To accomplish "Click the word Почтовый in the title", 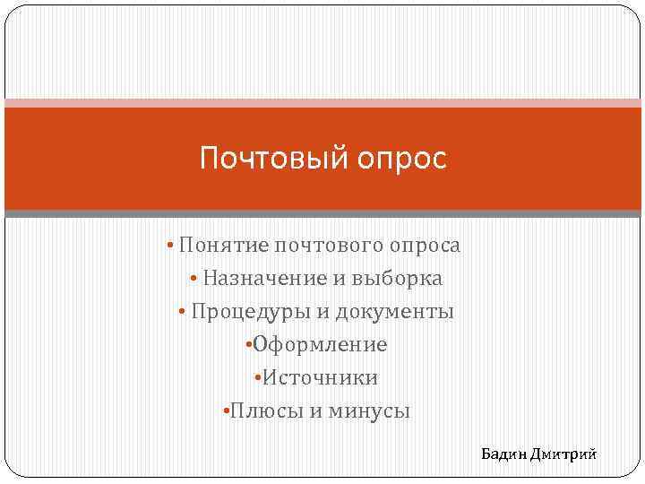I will coord(262,160).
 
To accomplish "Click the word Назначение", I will coord(265,278).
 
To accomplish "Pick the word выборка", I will coord(398,278).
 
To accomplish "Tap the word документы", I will coord(400,311).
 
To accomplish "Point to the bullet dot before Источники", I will coord(257,377).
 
